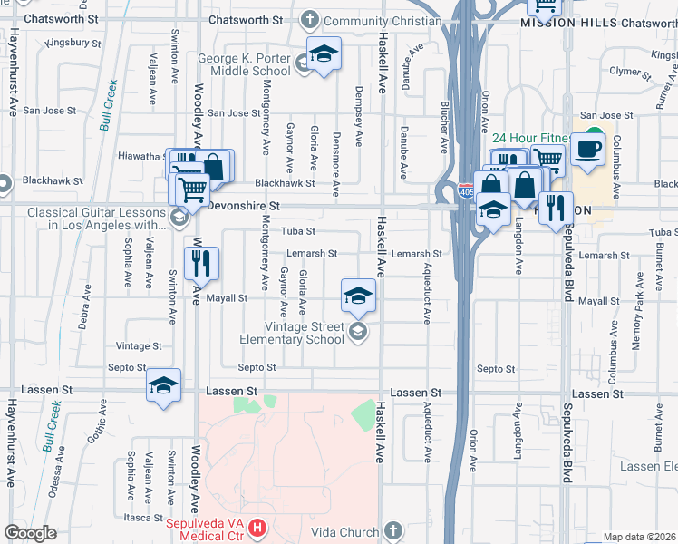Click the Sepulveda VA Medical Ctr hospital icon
tap(258, 527)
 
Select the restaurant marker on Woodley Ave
tap(199, 263)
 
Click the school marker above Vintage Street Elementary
tap(358, 294)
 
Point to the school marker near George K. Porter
tap(322, 54)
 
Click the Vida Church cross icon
tap(392, 529)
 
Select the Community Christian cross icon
tap(310, 19)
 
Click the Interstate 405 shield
tap(466, 192)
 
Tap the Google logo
tap(31, 533)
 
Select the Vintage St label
tap(139, 346)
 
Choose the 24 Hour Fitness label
tap(530, 139)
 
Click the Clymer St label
tap(626, 70)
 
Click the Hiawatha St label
tap(140, 156)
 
